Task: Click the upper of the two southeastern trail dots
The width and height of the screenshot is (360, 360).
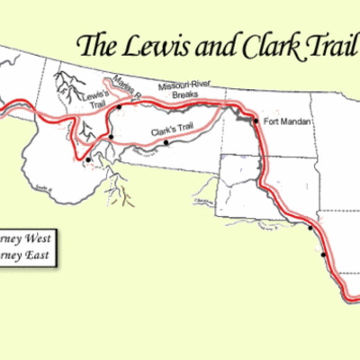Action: (312, 228)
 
